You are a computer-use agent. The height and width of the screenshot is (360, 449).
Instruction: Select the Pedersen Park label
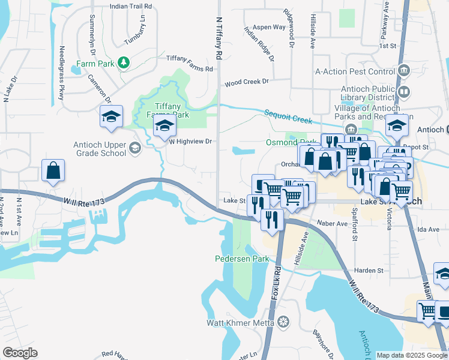click(x=242, y=259)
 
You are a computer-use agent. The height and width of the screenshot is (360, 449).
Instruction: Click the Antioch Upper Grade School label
click(x=100, y=148)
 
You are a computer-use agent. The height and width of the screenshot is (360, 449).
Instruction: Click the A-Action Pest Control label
click(x=356, y=71)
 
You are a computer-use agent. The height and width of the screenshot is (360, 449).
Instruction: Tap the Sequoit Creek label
click(x=288, y=116)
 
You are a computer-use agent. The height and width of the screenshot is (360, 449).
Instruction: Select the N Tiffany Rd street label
click(x=218, y=38)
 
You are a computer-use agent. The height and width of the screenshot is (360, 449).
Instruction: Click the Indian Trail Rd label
click(x=131, y=6)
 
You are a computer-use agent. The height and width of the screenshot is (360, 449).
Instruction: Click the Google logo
click(x=20, y=352)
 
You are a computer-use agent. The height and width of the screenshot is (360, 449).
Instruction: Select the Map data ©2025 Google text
click(x=411, y=355)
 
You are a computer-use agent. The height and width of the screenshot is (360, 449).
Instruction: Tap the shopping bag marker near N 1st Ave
click(x=53, y=170)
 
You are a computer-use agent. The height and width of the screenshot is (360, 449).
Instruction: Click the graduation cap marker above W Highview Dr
click(x=163, y=126)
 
